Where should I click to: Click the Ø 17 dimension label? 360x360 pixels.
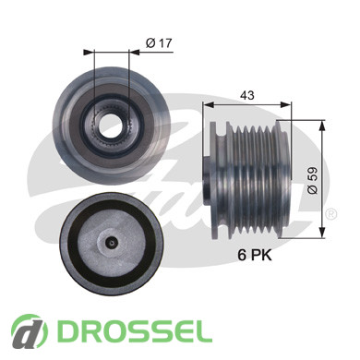pyautogui.click(x=159, y=43)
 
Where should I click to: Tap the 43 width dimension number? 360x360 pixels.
pyautogui.click(x=247, y=95)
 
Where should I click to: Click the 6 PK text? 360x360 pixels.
pyautogui.click(x=255, y=255)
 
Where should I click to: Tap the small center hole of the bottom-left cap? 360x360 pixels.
pyautogui.click(x=112, y=243)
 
